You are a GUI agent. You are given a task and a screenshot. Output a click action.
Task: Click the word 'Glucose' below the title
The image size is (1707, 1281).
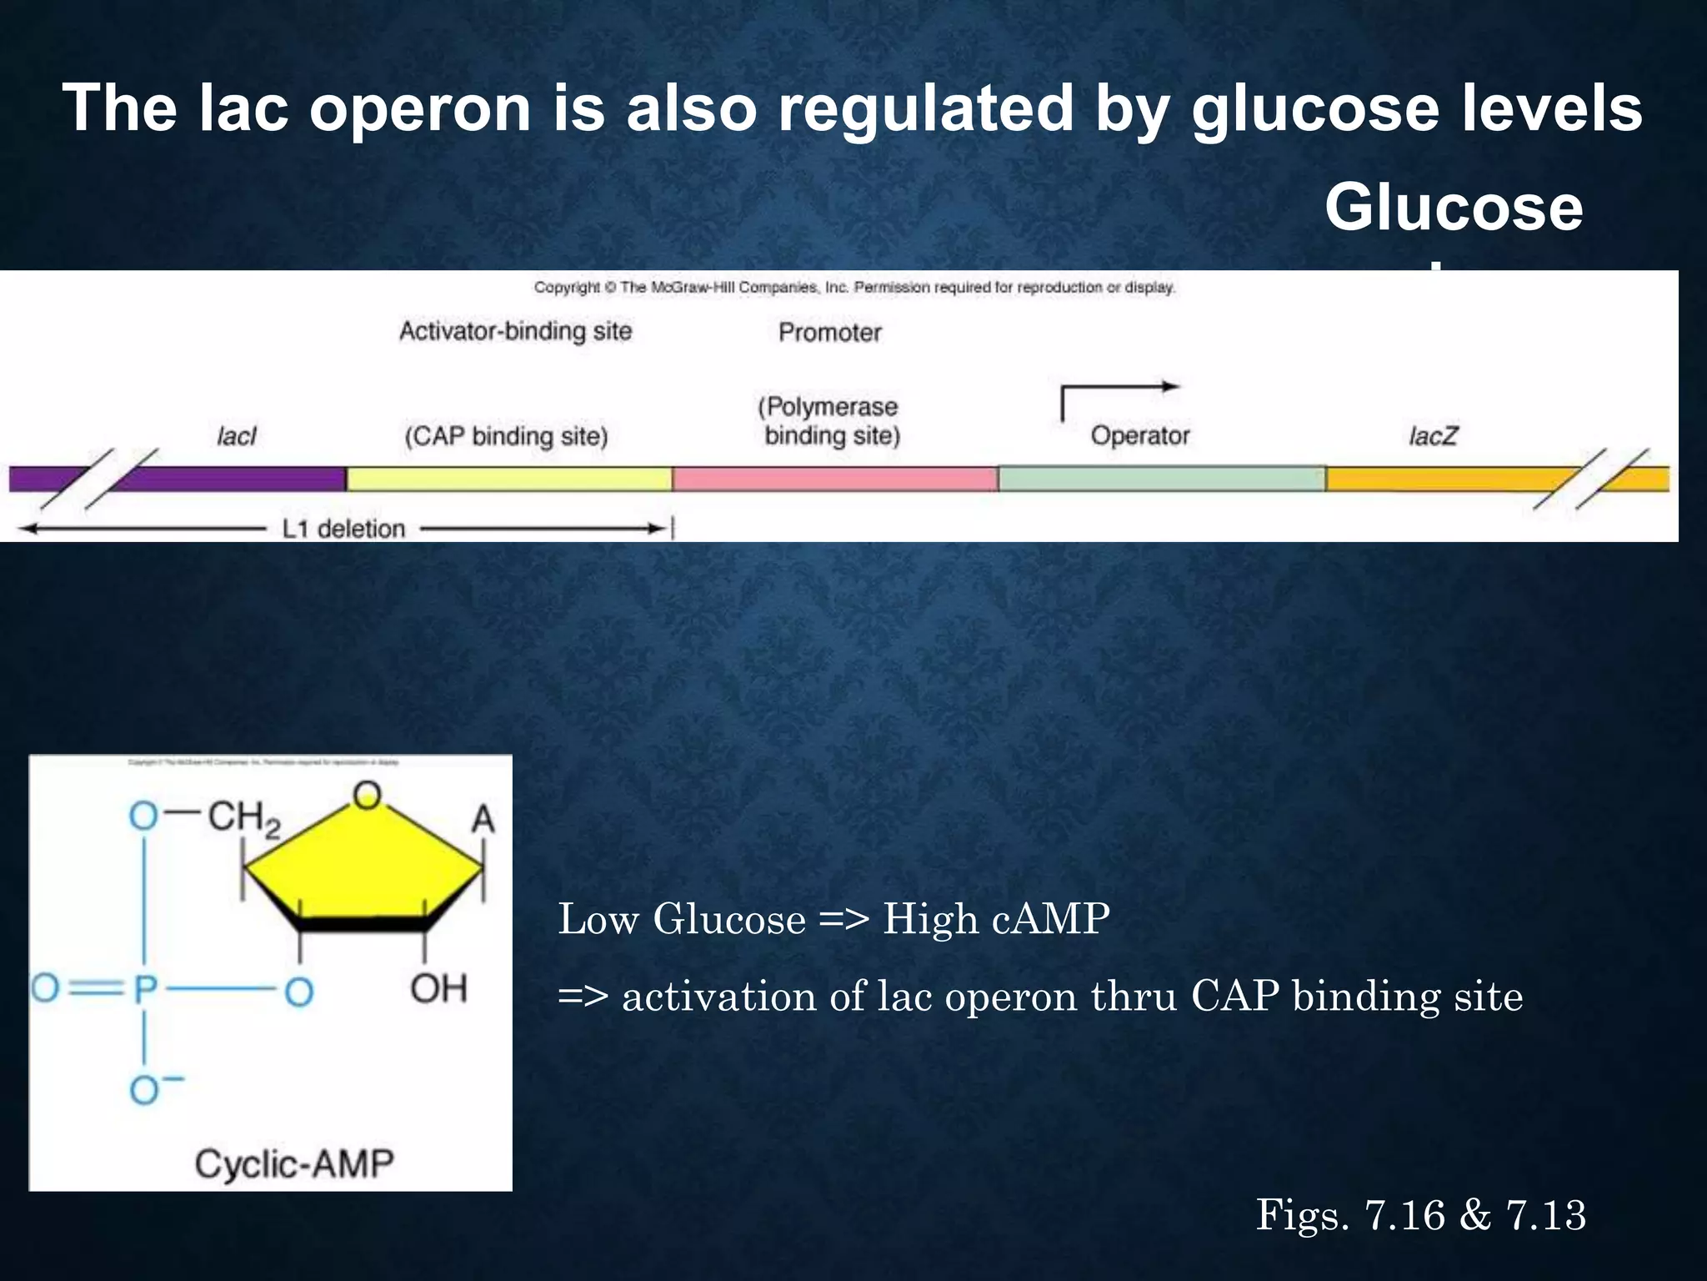coord(1453,208)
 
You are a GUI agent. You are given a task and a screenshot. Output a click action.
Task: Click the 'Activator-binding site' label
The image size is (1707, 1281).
coord(515,332)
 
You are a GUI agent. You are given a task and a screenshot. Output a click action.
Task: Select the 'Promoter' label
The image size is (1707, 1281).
coord(829,333)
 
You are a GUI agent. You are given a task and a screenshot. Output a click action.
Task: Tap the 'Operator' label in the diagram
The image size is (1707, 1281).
coord(1139,435)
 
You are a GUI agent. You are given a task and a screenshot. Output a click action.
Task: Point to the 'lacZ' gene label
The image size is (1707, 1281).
coord(1432,436)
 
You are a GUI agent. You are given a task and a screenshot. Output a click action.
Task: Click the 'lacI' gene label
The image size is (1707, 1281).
coord(236,436)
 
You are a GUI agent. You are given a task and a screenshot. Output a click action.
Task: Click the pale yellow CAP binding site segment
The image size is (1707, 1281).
coord(508,479)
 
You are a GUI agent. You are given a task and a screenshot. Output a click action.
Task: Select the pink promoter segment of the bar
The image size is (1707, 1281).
coord(834,479)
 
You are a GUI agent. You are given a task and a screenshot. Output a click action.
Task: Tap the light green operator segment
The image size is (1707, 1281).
coord(1161,479)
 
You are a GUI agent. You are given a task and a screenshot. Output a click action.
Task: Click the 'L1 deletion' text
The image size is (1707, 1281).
coord(343,529)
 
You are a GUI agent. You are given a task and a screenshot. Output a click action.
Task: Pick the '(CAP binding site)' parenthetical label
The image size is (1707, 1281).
coord(506,436)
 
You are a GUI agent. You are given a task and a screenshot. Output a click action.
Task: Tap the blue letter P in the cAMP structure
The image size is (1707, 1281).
coord(145,990)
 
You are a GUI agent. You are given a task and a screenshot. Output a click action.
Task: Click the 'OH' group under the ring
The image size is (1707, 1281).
coord(438,989)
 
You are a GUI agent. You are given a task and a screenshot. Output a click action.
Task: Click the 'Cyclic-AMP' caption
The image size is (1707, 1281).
coord(293,1163)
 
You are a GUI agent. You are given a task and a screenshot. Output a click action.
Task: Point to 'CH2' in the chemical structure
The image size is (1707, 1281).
coord(243,818)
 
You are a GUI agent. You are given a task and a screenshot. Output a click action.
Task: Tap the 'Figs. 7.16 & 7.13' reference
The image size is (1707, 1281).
coord(1420,1214)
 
